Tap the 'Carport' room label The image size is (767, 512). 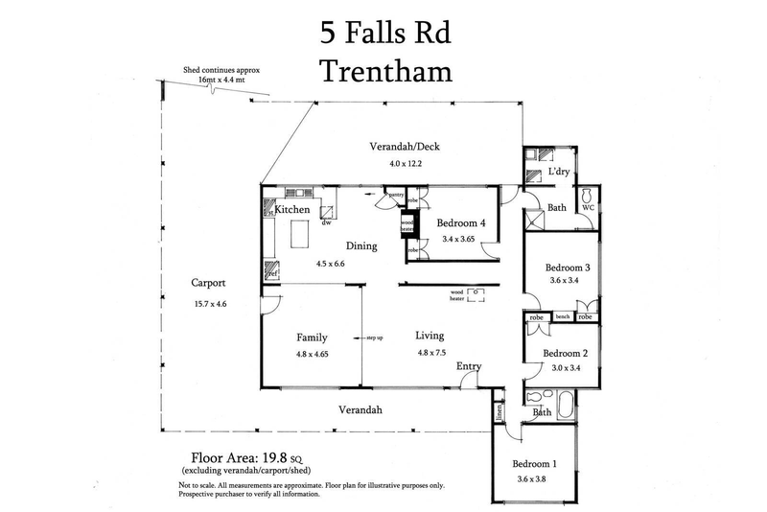click(x=207, y=284)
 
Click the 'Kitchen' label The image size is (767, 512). click(x=292, y=210)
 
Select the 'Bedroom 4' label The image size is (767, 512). click(x=462, y=223)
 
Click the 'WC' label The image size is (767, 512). click(x=588, y=206)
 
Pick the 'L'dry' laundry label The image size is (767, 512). click(x=559, y=174)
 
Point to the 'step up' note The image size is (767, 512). click(x=374, y=337)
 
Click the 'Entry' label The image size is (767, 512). click(x=469, y=366)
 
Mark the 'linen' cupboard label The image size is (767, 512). click(x=500, y=412)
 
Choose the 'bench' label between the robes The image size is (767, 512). click(x=562, y=316)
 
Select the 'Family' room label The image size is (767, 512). click(x=312, y=337)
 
